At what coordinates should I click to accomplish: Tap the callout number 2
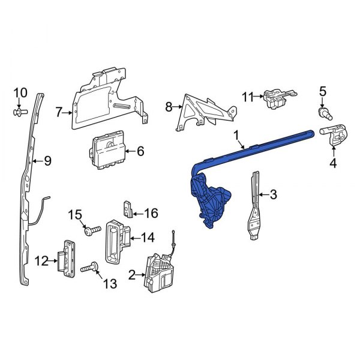pyautogui.click(x=132, y=275)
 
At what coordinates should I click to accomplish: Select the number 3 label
pyautogui.click(x=273, y=194)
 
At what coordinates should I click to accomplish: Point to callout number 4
pyautogui.click(x=332, y=163)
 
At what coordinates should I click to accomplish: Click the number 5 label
pyautogui.click(x=322, y=92)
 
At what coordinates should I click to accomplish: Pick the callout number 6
pyautogui.click(x=140, y=152)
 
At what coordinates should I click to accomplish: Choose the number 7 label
pyautogui.click(x=59, y=112)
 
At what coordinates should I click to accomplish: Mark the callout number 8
pyautogui.click(x=169, y=107)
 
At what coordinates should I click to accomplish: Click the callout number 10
pyautogui.click(x=20, y=92)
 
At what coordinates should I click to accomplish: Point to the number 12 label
pyautogui.click(x=41, y=260)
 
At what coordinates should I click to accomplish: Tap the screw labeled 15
pyautogui.click(x=92, y=230)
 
